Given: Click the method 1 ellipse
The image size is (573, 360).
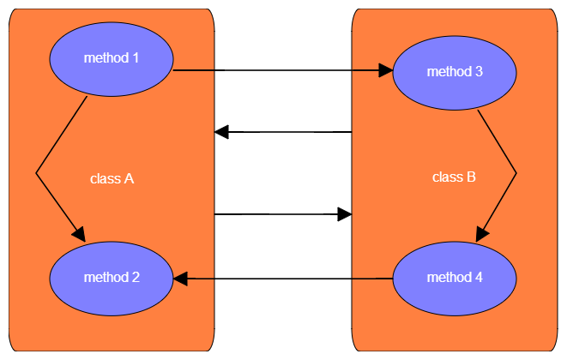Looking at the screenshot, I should (x=112, y=57).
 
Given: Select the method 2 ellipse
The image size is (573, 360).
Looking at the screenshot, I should (x=112, y=278).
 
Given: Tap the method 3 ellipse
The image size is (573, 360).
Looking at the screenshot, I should (x=455, y=72).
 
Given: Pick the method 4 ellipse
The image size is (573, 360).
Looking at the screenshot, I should (x=455, y=278).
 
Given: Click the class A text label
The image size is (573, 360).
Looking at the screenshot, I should (x=112, y=179).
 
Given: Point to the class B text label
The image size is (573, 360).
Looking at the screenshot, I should (x=454, y=177).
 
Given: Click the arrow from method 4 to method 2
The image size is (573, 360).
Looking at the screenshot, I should (x=283, y=279).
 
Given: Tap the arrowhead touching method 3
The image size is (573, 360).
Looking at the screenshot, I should (x=385, y=73).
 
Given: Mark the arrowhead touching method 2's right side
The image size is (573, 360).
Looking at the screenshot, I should (x=181, y=279).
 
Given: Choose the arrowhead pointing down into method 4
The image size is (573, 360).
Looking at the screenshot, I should (x=482, y=233).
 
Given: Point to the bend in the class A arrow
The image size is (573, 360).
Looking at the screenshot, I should (x=37, y=174).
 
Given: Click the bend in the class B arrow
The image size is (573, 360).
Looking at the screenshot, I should (x=516, y=173).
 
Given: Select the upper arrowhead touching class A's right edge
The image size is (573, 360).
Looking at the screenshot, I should (x=221, y=132).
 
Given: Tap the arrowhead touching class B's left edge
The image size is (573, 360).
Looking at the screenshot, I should (x=345, y=213).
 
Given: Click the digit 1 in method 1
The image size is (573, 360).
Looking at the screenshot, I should (x=136, y=57).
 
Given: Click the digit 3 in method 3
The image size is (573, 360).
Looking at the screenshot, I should (x=479, y=72).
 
